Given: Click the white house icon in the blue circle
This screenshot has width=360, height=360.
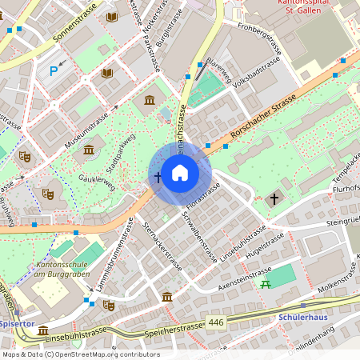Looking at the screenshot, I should coord(180,173).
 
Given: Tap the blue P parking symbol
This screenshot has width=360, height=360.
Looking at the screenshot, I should coord(54,71).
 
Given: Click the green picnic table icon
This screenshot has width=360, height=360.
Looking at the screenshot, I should coord(263,283).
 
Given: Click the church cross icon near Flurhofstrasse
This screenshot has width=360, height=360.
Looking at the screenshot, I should coord(275,198).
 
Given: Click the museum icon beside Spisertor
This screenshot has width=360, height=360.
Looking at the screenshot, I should coord(43,330).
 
